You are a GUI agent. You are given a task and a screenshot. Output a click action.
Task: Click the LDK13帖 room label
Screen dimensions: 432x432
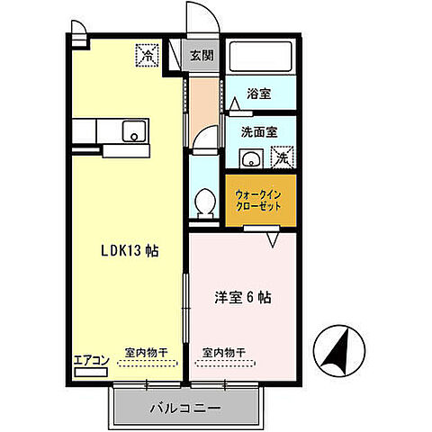[129, 251]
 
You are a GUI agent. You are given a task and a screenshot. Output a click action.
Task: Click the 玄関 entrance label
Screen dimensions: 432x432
[201, 54]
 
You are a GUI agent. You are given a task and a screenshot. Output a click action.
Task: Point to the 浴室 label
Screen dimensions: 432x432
[259, 94]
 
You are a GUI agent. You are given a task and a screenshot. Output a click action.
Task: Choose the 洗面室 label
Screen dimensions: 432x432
[258, 131]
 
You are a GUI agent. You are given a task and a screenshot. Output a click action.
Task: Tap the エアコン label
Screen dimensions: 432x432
[91, 360]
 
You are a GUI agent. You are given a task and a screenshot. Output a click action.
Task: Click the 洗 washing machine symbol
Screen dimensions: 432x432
[282, 158]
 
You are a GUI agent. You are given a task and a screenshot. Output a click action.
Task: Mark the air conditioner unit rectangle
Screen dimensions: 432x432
[90, 369]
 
